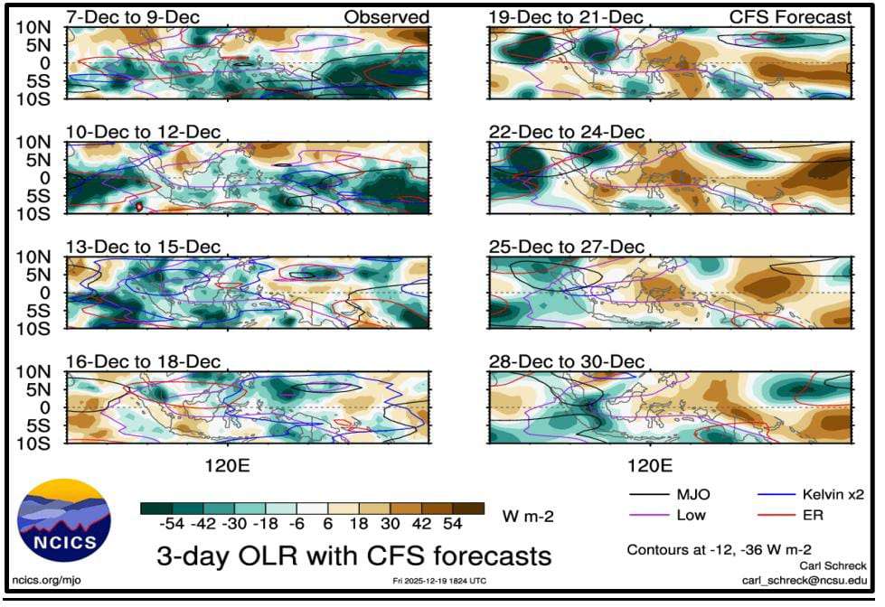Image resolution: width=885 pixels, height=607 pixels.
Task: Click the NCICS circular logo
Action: click(x=64, y=520)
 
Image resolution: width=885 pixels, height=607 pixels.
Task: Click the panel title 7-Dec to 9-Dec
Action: click(x=133, y=17)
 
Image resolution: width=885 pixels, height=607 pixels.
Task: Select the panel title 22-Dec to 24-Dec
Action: click(x=566, y=132)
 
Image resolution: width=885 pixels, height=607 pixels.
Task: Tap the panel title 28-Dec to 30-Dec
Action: click(x=566, y=361)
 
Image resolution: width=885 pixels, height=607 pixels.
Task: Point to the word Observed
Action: click(x=387, y=17)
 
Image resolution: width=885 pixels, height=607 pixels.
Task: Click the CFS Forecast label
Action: click(x=790, y=17)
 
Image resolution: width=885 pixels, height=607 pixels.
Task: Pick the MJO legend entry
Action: click(x=670, y=495)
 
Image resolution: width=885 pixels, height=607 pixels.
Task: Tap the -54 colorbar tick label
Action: click(x=172, y=524)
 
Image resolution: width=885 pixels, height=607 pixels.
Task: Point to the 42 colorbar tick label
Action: click(x=421, y=524)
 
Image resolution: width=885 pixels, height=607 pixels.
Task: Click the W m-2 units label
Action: click(x=528, y=516)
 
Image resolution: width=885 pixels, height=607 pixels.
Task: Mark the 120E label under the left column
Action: click(x=228, y=466)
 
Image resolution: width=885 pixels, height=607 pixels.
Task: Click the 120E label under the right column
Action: click(x=650, y=466)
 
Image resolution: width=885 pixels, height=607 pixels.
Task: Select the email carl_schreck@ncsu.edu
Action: click(x=804, y=581)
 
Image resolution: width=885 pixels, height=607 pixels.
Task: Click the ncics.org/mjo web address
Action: click(x=46, y=581)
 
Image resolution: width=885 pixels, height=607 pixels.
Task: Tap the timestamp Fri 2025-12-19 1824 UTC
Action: click(x=439, y=581)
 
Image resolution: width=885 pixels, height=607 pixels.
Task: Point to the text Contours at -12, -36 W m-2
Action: click(x=719, y=549)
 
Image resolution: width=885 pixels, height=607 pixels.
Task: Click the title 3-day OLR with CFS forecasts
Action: click(x=353, y=556)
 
